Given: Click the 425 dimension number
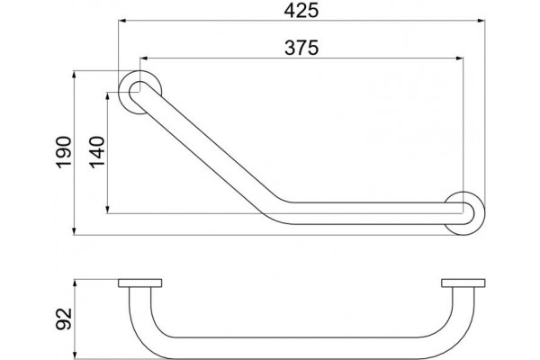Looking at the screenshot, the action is point(301,10).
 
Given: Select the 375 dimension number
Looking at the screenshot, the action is point(301,48).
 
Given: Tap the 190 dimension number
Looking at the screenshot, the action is point(64,153).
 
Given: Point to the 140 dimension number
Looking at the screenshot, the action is point(97,152).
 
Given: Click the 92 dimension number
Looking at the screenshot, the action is point(64,319).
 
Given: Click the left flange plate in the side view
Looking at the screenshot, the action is point(139,283).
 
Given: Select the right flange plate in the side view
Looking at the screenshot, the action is point(463,283).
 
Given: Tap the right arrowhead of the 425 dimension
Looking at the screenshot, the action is point(481,21).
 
